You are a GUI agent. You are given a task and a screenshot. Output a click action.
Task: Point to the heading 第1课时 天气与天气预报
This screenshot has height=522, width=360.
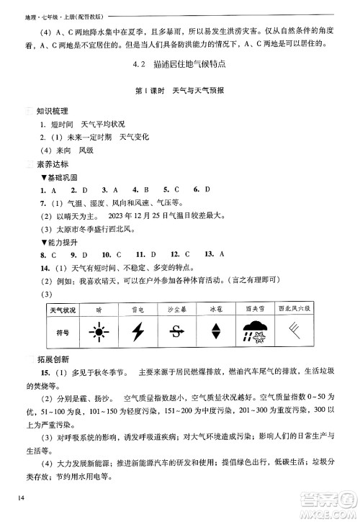(x=179, y=91)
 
